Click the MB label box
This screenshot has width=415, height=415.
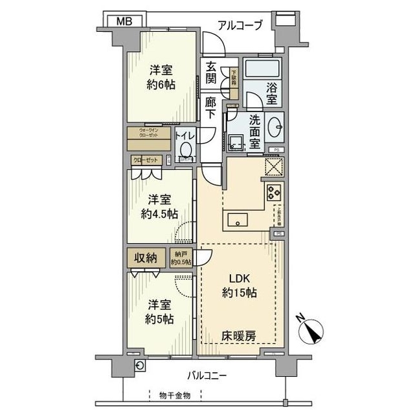pos(125,21)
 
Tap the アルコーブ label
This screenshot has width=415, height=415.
pos(240,25)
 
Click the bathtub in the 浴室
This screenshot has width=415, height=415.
pos(262,67)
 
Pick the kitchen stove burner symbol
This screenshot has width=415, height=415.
pos(273,191)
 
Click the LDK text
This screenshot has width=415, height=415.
pos(238,279)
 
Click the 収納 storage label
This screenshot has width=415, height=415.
pos(146,257)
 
